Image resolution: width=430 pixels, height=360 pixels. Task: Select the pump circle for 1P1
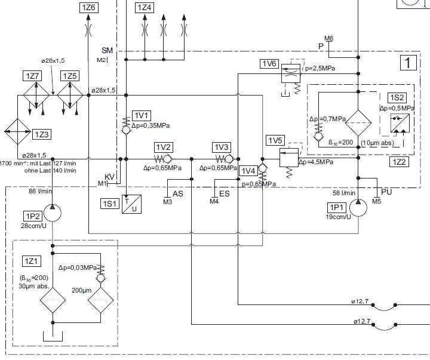click(358, 208)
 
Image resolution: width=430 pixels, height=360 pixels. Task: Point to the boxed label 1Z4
click(145, 8)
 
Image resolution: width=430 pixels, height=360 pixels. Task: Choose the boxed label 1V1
click(142, 115)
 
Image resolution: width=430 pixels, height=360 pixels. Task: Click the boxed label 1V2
click(164, 147)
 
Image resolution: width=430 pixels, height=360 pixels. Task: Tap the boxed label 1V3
click(222, 147)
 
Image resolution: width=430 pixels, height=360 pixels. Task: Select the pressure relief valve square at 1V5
click(288, 158)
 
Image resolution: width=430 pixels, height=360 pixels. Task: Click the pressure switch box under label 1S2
click(398, 124)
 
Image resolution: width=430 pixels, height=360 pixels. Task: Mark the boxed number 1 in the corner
click(408, 62)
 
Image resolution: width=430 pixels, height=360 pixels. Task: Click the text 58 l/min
click(345, 193)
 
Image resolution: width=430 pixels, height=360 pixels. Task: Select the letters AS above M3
click(178, 193)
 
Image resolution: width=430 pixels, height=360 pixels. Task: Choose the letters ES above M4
click(225, 193)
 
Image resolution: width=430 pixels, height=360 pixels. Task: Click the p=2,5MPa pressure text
click(320, 69)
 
